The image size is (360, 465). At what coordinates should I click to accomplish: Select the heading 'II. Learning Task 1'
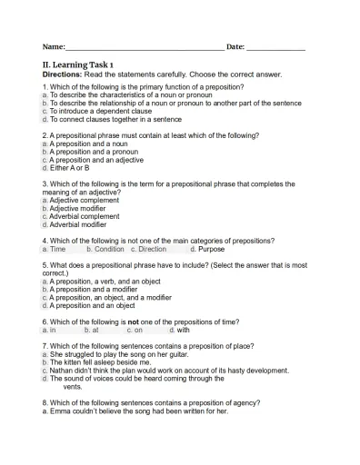pyautogui.click(x=78, y=64)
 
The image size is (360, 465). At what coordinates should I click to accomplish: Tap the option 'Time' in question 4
pyautogui.click(x=57, y=249)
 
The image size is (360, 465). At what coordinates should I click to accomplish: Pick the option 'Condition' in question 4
pyautogui.click(x=109, y=249)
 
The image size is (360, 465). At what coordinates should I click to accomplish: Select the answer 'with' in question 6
pyautogui.click(x=183, y=331)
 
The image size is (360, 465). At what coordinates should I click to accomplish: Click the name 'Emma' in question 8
pyautogui.click(x=59, y=411)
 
